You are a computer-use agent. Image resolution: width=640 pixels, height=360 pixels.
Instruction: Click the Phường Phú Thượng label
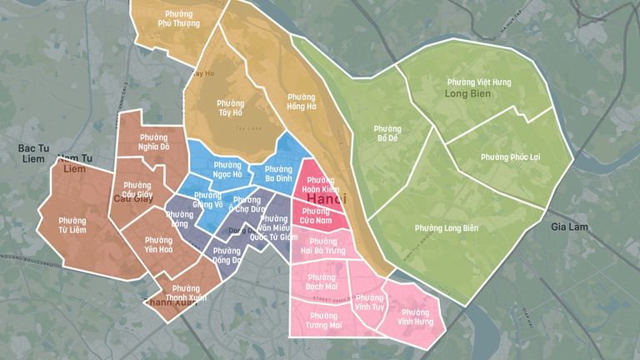click(177, 18)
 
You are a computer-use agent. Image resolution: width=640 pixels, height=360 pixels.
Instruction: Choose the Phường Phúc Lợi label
click(507, 157)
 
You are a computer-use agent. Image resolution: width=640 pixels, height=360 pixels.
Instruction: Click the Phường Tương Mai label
click(322, 321)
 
